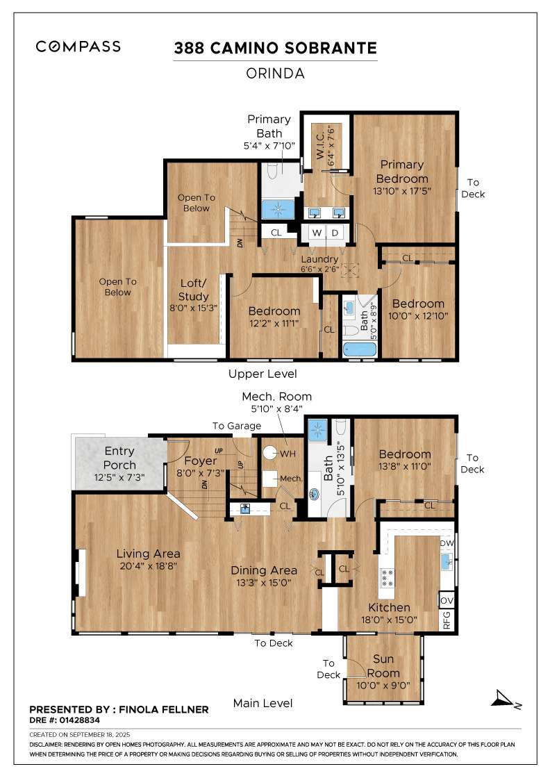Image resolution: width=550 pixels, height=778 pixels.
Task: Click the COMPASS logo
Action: coord(78,47)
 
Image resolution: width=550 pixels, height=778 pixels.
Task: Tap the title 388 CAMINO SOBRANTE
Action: coord(275,48)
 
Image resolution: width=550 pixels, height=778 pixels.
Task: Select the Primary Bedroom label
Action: coord(401,172)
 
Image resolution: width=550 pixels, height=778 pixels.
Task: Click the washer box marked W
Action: coord(316,232)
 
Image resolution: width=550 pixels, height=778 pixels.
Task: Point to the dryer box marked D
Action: coord(335,232)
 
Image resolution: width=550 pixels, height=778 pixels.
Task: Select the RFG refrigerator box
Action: coord(447,618)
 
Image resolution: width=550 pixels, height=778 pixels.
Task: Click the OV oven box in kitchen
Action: coord(447,599)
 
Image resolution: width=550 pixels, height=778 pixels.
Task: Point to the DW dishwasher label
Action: coord(447,543)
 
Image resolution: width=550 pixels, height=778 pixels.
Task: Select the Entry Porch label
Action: coord(120,458)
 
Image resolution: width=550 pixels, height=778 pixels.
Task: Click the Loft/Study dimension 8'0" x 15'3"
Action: coord(194,308)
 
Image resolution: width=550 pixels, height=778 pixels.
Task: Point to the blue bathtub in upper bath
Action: coord(358,349)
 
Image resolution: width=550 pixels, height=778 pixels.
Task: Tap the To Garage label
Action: coord(237,426)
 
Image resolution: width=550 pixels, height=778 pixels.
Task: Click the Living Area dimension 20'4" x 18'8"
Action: coord(148,566)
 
